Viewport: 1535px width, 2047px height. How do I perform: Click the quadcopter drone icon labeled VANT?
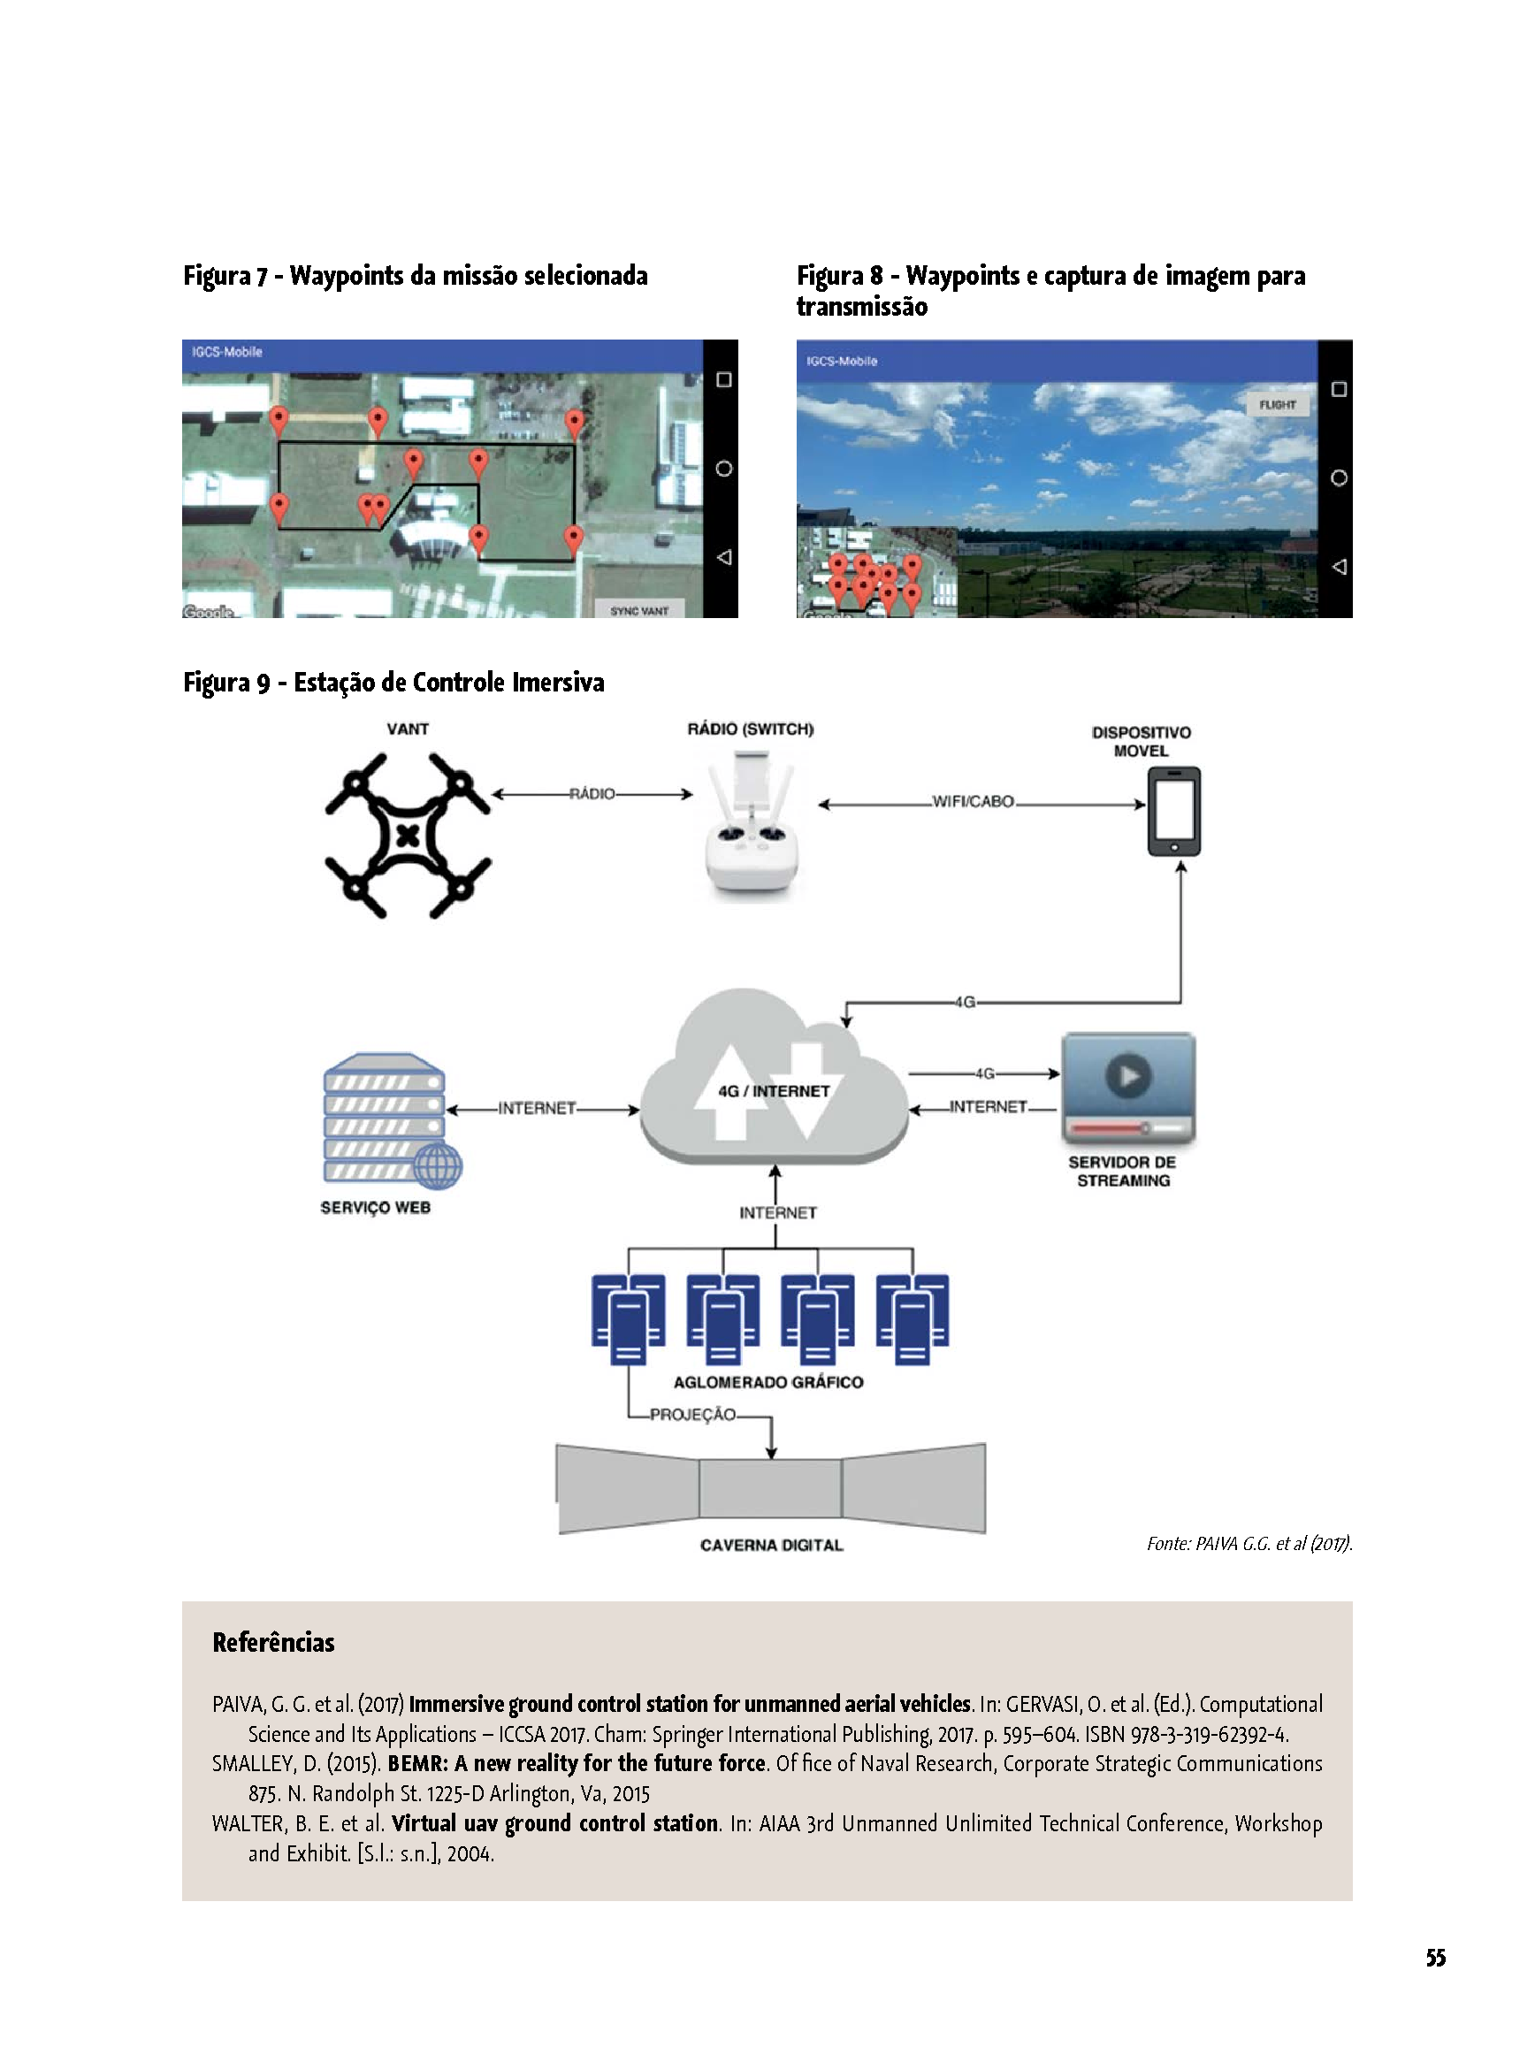pyautogui.click(x=407, y=836)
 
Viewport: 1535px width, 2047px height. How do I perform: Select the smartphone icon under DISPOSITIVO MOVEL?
pyautogui.click(x=1174, y=812)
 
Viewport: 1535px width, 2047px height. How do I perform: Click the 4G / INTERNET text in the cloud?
pyautogui.click(x=774, y=1091)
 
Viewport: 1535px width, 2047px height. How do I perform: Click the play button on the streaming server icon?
pyautogui.click(x=1128, y=1075)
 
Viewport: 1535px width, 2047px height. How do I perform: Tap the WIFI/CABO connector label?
pyautogui.click(x=973, y=801)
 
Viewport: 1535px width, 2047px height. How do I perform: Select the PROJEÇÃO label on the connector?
pyautogui.click(x=692, y=1414)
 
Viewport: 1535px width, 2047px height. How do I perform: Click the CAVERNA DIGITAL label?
pyautogui.click(x=772, y=1545)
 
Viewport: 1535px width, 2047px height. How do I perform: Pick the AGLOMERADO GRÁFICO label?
pyautogui.click(x=768, y=1382)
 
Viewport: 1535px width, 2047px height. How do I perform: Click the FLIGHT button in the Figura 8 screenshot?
pyautogui.click(x=1277, y=404)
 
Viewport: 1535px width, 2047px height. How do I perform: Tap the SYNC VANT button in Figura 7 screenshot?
pyautogui.click(x=638, y=610)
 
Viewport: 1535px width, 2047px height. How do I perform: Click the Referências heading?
pyautogui.click(x=274, y=1642)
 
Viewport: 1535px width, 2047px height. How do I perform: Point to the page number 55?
pyautogui.click(x=1435, y=1957)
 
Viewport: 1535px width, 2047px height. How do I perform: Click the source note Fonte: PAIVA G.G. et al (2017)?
pyautogui.click(x=1249, y=1543)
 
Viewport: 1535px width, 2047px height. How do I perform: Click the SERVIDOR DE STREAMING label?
pyautogui.click(x=1122, y=1171)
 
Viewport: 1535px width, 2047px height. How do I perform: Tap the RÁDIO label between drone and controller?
pyautogui.click(x=592, y=794)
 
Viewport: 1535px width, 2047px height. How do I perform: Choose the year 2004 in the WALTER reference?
pyautogui.click(x=470, y=1853)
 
